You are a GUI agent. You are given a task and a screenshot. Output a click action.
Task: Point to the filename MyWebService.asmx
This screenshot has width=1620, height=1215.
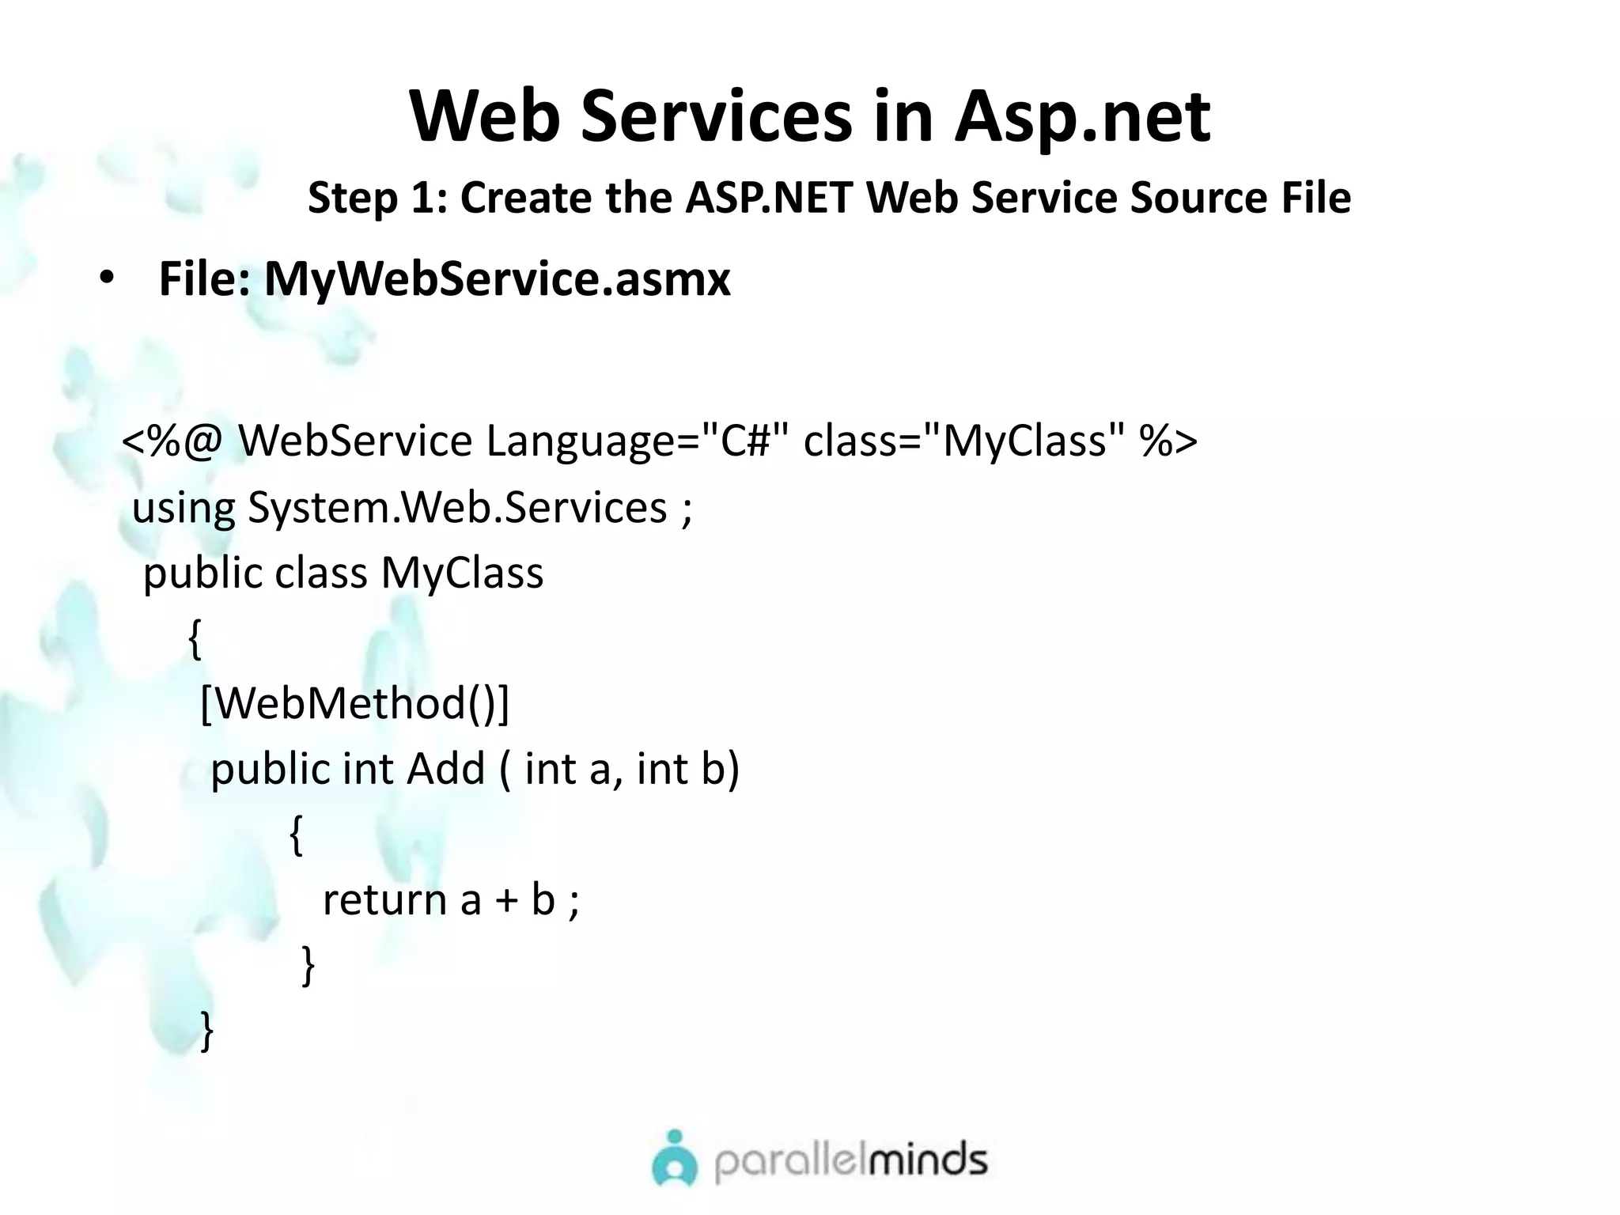coord(497,278)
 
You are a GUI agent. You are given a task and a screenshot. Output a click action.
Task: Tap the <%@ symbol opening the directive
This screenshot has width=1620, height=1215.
coord(172,441)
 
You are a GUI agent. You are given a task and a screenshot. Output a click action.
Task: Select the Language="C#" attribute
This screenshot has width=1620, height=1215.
coord(637,441)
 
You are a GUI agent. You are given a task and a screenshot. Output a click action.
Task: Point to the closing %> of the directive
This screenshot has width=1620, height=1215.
coord(1168,441)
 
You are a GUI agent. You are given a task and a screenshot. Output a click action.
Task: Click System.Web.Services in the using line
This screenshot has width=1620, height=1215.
coord(457,507)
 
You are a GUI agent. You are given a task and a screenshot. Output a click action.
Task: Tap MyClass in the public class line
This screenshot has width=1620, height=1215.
coord(462,573)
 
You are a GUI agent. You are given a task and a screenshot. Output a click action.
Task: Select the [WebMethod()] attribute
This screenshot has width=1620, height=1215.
coord(355,702)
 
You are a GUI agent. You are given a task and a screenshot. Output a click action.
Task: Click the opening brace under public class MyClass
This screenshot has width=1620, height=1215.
coord(195,638)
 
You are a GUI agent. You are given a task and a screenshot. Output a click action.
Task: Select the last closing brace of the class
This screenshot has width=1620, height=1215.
coord(207,1031)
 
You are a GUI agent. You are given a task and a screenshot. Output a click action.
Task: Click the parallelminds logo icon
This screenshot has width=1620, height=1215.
coord(675,1160)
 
